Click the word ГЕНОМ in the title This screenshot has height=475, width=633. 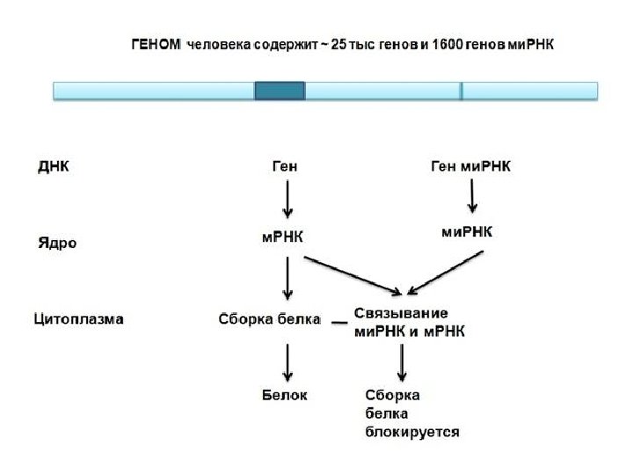155,45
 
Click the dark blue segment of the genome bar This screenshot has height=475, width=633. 280,91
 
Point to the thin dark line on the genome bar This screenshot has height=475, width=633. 461,91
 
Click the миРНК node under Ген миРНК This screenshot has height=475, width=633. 467,232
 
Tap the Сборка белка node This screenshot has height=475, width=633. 269,318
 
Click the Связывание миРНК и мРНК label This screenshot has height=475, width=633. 410,322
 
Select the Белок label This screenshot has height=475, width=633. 285,395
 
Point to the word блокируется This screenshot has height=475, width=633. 411,432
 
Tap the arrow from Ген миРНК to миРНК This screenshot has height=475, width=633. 473,195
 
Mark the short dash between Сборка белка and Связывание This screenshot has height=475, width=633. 338,323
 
